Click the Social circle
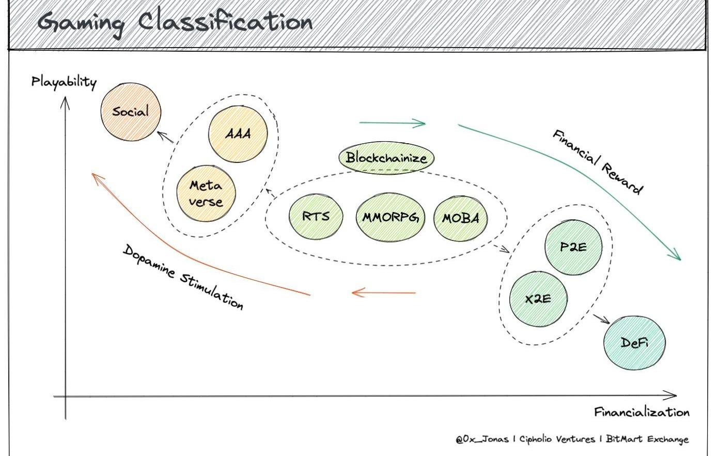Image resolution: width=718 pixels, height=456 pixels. (131, 111)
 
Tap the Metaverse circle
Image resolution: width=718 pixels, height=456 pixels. (206, 193)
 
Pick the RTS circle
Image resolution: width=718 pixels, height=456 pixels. (316, 216)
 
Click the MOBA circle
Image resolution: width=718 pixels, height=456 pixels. (460, 218)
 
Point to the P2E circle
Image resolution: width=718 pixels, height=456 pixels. (573, 247)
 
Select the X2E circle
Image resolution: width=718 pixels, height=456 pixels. (538, 299)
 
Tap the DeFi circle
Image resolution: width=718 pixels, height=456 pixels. (634, 342)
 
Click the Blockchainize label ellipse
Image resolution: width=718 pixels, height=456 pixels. (386, 158)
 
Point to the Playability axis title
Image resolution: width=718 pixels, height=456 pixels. (64, 82)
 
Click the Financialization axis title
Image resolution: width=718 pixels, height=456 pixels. (641, 412)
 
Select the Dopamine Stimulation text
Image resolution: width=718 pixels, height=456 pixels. (183, 277)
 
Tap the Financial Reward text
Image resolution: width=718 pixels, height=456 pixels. (598, 162)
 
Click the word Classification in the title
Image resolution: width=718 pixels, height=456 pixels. (225, 22)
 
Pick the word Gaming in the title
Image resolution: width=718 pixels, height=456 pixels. (81, 23)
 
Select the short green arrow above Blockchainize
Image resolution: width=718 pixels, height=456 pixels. (392, 123)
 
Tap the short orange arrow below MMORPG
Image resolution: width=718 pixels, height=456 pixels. (383, 293)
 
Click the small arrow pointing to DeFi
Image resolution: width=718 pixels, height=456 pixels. (601, 318)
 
